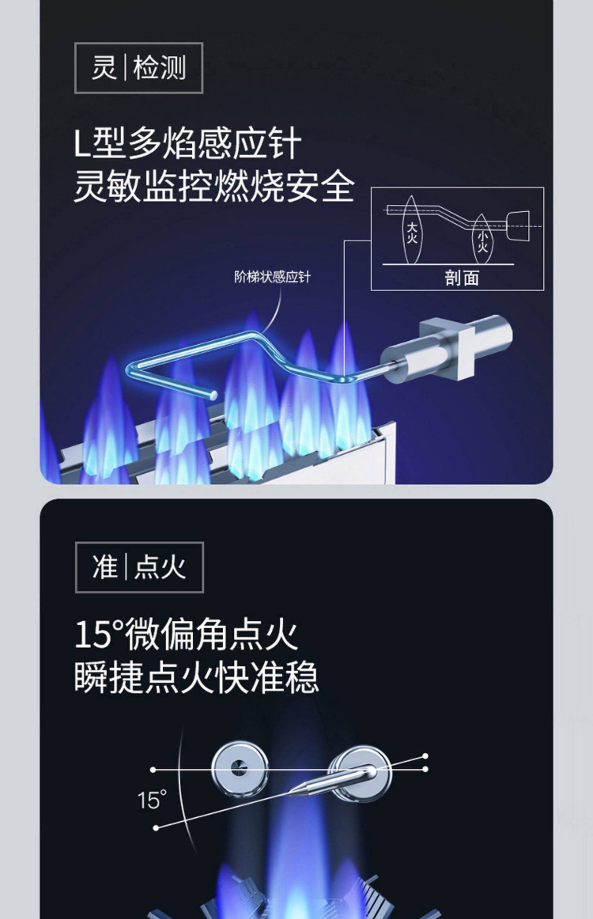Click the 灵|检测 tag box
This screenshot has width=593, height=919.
(x=139, y=68)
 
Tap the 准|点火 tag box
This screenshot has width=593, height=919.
(x=139, y=567)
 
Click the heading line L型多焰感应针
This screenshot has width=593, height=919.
(x=188, y=143)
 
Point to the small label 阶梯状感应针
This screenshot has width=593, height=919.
(x=272, y=277)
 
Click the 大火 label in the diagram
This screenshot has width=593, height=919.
(x=412, y=232)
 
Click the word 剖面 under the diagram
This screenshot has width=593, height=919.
(x=462, y=278)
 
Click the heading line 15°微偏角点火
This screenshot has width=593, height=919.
(x=186, y=635)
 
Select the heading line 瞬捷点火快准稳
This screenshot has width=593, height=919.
(x=196, y=678)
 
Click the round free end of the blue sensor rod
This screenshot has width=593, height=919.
(x=213, y=395)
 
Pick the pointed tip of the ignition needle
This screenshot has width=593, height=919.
(x=291, y=792)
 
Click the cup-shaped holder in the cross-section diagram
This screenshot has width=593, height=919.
(x=518, y=226)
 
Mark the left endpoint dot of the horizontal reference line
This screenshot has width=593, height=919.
(x=153, y=770)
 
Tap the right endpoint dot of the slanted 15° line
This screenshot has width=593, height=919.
(x=425, y=756)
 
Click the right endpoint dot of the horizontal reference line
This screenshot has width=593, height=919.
(x=425, y=769)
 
